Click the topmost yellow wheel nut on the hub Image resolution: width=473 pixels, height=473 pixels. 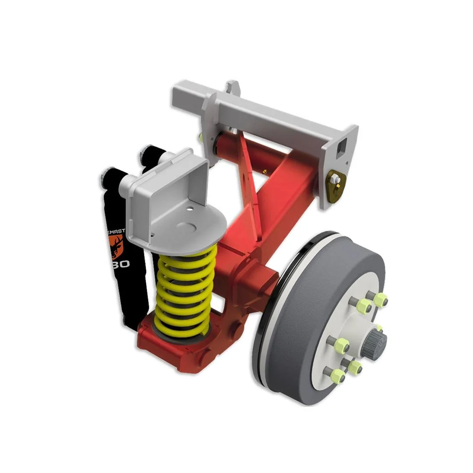(x=380, y=299)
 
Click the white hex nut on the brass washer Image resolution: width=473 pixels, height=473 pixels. (x=334, y=179)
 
